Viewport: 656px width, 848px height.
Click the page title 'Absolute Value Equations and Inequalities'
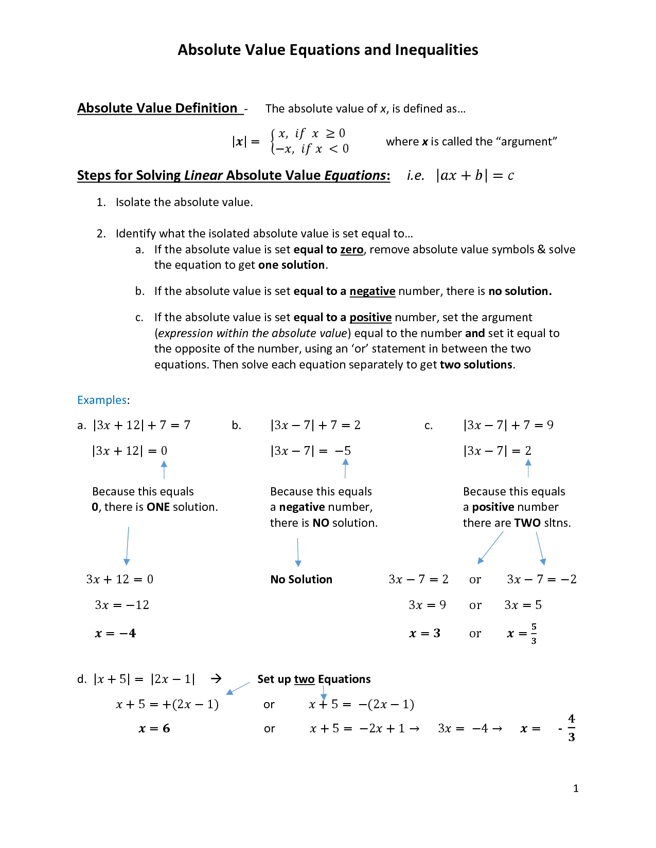[328, 50]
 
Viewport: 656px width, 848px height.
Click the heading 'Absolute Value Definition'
[157, 108]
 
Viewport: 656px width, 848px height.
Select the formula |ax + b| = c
[475, 176]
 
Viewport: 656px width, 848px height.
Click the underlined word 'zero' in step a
[351, 250]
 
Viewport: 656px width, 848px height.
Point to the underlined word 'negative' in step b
[372, 291]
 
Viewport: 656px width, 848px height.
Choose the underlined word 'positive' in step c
[370, 318]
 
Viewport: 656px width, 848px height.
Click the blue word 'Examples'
[102, 400]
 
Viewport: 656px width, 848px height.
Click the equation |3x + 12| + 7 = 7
[141, 426]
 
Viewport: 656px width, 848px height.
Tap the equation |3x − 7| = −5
[310, 451]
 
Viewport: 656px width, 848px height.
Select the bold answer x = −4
[115, 634]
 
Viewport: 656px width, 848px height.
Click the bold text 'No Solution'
[301, 580]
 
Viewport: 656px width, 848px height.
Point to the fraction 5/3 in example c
[534, 634]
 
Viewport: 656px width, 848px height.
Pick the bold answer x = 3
[424, 634]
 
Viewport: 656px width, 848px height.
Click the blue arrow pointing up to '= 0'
[164, 470]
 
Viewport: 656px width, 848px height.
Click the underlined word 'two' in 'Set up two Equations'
[304, 679]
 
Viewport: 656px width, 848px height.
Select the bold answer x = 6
[154, 729]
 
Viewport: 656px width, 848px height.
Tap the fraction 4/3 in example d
[571, 728]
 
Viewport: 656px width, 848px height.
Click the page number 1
[576, 788]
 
